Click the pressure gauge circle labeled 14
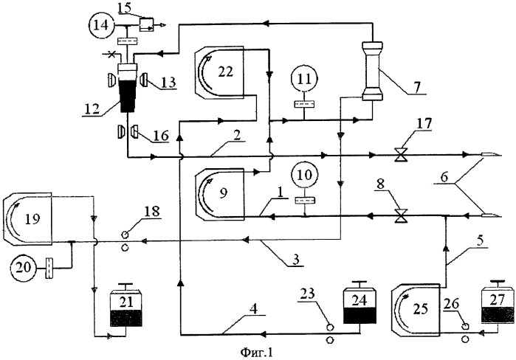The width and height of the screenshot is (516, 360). [x=100, y=25]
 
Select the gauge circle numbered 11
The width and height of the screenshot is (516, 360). [x=304, y=79]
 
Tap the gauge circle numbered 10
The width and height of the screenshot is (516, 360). [x=304, y=176]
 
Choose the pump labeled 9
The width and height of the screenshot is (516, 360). [x=220, y=194]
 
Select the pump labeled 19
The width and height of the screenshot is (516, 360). [x=27, y=219]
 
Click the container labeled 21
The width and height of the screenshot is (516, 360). [x=127, y=305]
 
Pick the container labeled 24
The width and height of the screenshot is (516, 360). [x=360, y=302]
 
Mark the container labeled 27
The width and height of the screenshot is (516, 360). [x=498, y=302]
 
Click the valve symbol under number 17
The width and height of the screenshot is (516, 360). [x=401, y=154]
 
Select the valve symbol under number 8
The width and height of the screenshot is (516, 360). [x=401, y=215]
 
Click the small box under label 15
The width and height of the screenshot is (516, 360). [x=146, y=24]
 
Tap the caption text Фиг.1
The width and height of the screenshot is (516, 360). [x=257, y=353]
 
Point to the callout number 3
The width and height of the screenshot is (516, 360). [x=296, y=260]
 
